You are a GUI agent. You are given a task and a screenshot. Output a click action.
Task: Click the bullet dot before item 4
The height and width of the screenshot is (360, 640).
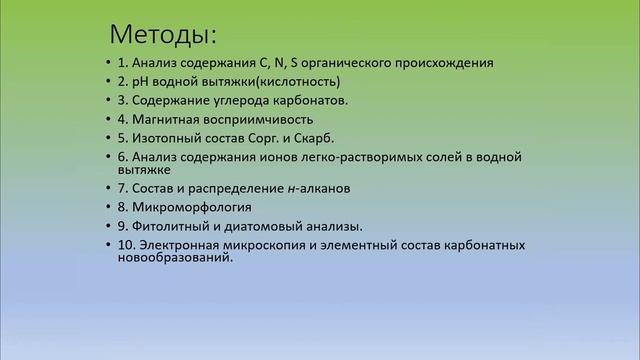point(107,120)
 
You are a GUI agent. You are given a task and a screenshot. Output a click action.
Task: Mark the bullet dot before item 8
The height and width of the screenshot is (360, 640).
point(107,207)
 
